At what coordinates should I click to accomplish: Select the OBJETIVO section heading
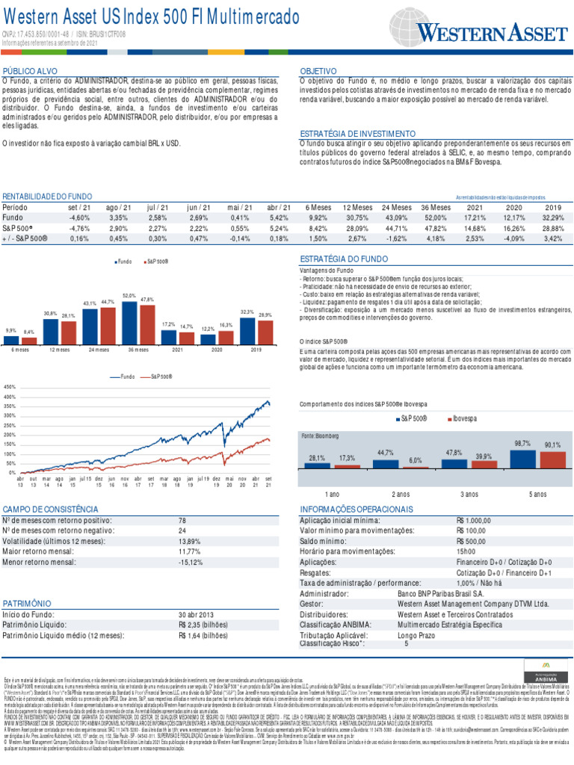[x=318, y=71]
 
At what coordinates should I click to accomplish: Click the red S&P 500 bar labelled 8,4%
[x=29, y=340]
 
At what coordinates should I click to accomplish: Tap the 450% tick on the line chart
[x=10, y=387]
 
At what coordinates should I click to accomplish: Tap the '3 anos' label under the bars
[x=469, y=495]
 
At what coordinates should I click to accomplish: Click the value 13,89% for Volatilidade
[x=190, y=540]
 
